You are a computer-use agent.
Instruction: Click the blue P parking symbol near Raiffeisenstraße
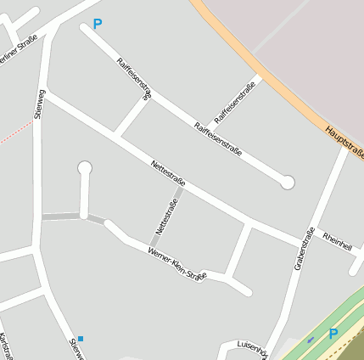pyautogui.click(x=97, y=25)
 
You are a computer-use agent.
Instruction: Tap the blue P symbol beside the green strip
pyautogui.click(x=333, y=335)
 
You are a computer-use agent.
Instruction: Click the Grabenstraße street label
pyautogui.click(x=305, y=249)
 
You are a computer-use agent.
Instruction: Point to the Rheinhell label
pyautogui.click(x=337, y=240)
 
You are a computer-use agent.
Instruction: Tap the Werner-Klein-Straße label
pyautogui.click(x=176, y=264)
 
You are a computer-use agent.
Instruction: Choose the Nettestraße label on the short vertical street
pyautogui.click(x=166, y=217)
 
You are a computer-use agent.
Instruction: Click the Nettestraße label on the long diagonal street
pyautogui.click(x=168, y=174)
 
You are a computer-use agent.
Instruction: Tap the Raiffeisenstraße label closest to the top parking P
pyautogui.click(x=134, y=81)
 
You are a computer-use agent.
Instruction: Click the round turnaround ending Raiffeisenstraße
pyautogui.click(x=288, y=182)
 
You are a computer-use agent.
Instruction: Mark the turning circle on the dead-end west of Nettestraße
pyautogui.click(x=84, y=168)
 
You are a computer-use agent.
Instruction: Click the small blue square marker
pyautogui.click(x=81, y=338)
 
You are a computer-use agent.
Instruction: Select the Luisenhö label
pyautogui.click(x=253, y=347)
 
